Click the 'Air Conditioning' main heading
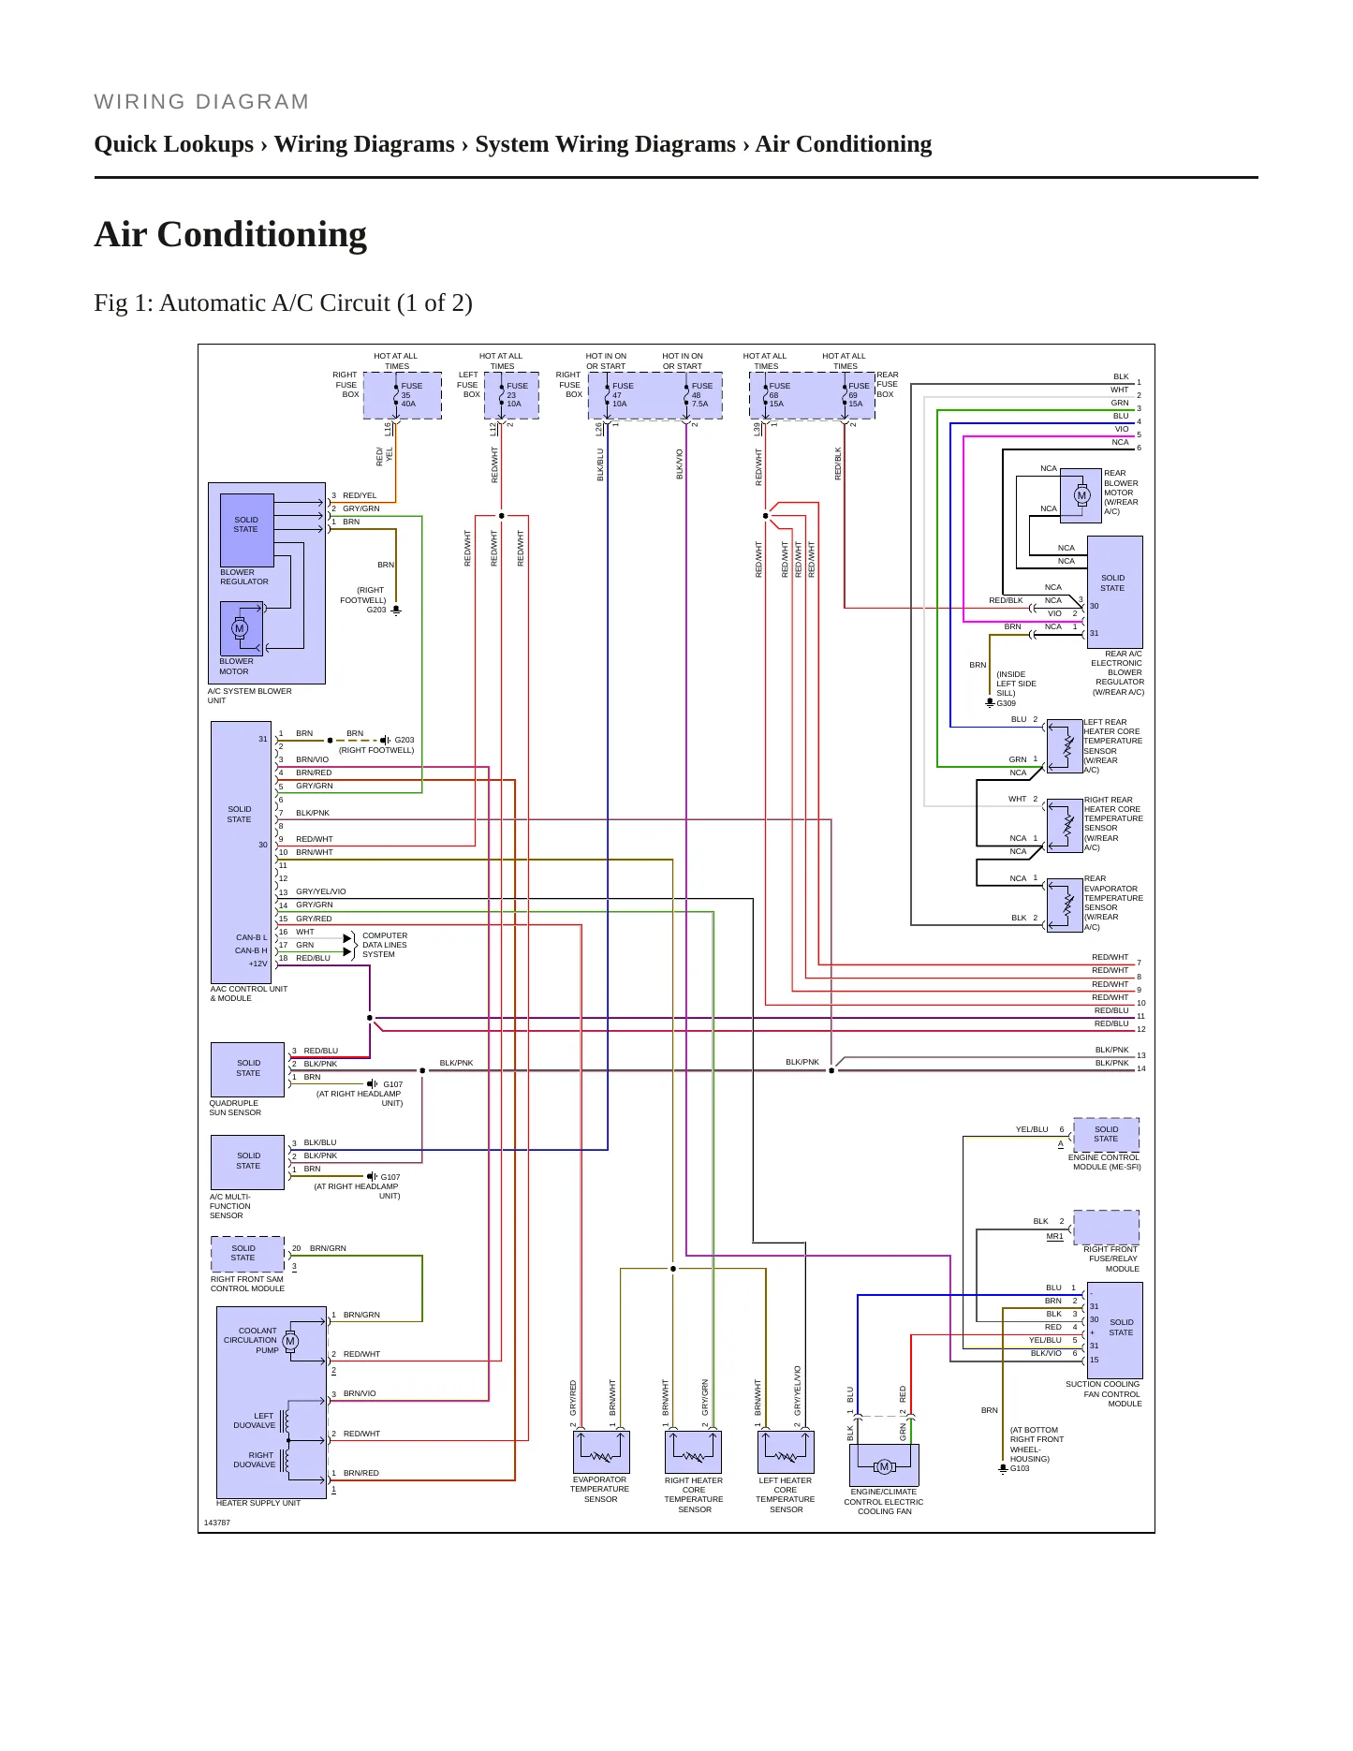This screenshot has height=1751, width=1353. (230, 234)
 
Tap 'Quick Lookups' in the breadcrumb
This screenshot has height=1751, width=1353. (174, 144)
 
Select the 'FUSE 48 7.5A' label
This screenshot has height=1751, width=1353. (701, 395)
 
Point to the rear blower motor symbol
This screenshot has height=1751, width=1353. (1082, 495)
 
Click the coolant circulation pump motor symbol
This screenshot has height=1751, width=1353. (290, 1341)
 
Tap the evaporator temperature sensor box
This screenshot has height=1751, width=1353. (601, 1452)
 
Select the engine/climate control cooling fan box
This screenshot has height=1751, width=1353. (884, 1465)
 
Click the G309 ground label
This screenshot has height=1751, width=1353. (1006, 703)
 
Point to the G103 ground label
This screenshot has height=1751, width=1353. (1020, 1468)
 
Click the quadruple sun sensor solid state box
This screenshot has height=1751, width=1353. (247, 1069)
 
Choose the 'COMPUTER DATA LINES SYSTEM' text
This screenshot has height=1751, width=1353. (385, 945)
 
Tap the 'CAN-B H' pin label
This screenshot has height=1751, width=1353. (251, 950)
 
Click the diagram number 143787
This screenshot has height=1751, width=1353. (217, 1523)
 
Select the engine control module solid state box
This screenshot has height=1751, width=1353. (1106, 1134)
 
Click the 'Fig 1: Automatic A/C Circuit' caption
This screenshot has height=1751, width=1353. (283, 303)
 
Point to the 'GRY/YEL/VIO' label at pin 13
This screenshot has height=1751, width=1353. (321, 891)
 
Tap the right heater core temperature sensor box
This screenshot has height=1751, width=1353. (694, 1452)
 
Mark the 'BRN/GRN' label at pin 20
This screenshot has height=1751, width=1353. (328, 1248)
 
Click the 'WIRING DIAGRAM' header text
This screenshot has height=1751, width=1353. (201, 102)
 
